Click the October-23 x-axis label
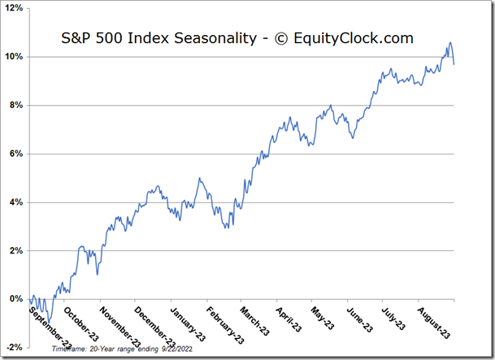(x=82, y=324)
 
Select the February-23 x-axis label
(x=224, y=326)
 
